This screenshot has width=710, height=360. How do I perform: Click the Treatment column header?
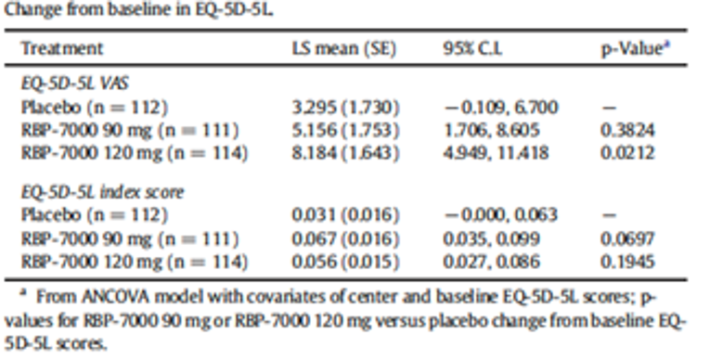pos(62,48)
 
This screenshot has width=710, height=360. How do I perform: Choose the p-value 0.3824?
pos(626,130)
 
